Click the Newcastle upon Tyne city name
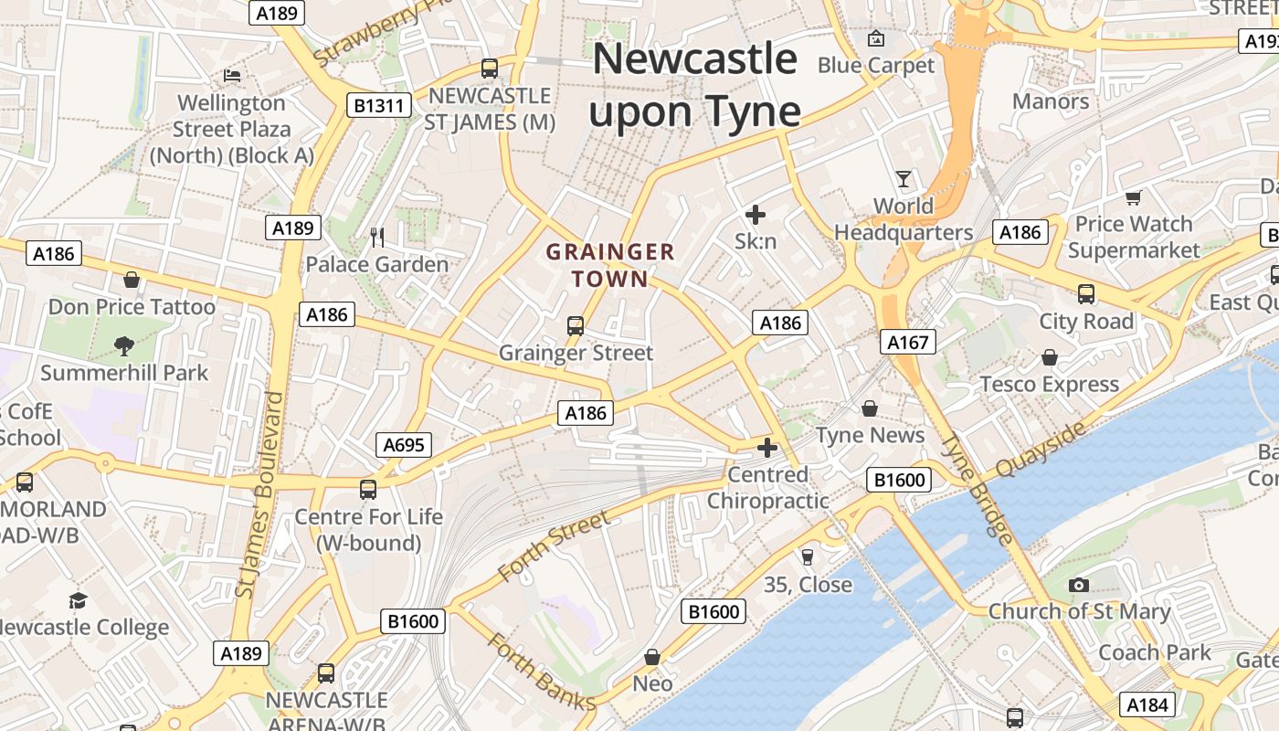click(x=694, y=85)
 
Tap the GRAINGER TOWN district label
click(x=610, y=265)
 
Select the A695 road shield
click(x=404, y=445)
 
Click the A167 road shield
click(x=908, y=343)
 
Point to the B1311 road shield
click(x=378, y=106)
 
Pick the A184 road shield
click(x=1147, y=705)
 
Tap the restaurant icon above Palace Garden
click(x=377, y=238)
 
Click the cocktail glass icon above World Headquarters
click(x=904, y=178)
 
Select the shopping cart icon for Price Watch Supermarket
click(x=1134, y=197)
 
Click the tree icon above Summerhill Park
click(x=124, y=345)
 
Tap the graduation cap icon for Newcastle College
click(x=79, y=600)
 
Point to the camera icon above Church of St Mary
click(x=1079, y=585)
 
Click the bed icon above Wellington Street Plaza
click(x=232, y=75)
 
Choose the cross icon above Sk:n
click(x=756, y=215)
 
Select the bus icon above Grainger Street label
click(x=576, y=325)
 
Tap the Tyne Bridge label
click(x=977, y=489)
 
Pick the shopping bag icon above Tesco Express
click(x=1050, y=357)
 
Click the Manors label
click(x=1051, y=101)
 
